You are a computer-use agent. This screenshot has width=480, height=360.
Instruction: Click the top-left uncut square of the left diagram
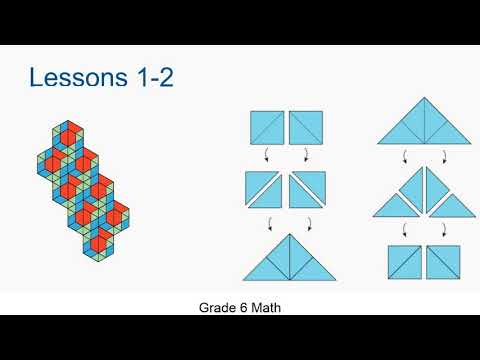267,127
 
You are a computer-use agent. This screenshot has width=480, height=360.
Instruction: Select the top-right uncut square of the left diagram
305,127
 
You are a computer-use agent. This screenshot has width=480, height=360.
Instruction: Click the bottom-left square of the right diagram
404,262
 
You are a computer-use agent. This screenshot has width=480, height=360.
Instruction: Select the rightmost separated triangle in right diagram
457,205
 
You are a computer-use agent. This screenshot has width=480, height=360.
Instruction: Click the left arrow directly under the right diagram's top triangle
404,156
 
